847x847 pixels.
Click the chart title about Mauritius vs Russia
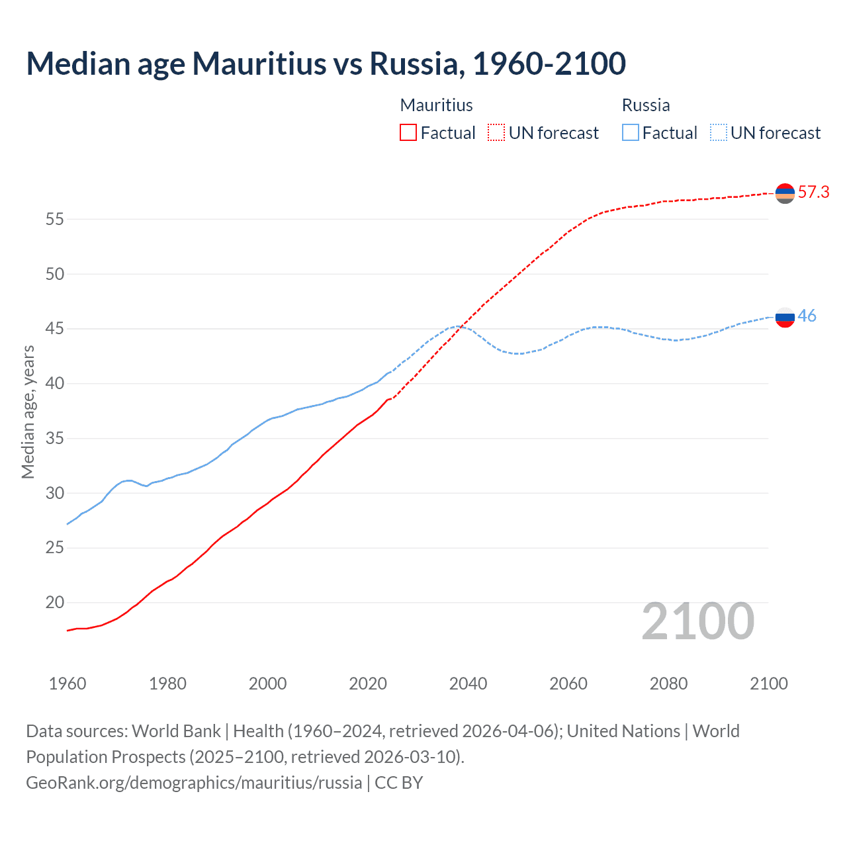(326, 64)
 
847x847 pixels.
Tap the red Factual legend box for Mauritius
(408, 132)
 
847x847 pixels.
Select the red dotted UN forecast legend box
(496, 132)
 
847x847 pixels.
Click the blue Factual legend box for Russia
(631, 132)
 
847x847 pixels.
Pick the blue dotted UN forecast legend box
(719, 132)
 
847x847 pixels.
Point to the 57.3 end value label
(813, 192)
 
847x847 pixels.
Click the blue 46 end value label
(807, 316)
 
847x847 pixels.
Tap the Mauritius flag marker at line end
(785, 193)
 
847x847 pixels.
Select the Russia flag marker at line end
(785, 318)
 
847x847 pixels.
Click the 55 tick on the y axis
(55, 219)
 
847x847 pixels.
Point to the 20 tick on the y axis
(55, 602)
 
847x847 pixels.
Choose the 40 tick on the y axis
(55, 383)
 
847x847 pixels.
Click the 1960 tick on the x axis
(67, 684)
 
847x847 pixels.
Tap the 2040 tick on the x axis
(468, 684)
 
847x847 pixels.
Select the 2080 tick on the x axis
(668, 684)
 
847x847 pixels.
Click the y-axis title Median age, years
(28, 412)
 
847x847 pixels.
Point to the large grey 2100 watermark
(697, 621)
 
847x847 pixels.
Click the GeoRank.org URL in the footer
(194, 783)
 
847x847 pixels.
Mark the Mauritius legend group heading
(436, 105)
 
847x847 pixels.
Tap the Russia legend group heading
(646, 105)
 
